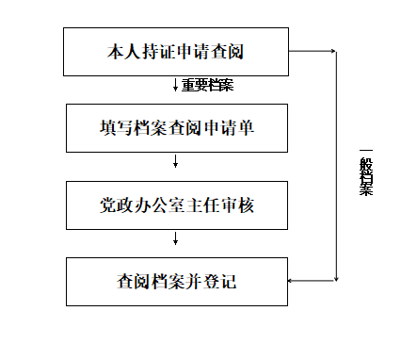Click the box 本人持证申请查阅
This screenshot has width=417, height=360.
[x=176, y=52]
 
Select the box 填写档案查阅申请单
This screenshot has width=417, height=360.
[x=177, y=128]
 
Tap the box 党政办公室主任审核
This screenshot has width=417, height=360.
[x=177, y=205]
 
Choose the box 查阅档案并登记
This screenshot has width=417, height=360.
[x=177, y=282]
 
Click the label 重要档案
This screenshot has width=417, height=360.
[x=208, y=85]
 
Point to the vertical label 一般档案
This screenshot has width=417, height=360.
[x=366, y=172]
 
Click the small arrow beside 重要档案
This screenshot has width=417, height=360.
[x=175, y=85]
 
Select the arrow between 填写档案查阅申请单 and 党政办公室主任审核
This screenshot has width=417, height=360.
[x=175, y=161]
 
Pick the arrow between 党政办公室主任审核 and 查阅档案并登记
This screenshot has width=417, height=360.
[x=175, y=238]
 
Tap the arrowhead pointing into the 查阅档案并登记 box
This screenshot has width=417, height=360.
[x=290, y=281]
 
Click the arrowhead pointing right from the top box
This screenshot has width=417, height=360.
[x=333, y=51]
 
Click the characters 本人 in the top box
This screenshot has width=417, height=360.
[x=124, y=52]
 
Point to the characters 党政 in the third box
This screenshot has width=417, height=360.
[x=116, y=205]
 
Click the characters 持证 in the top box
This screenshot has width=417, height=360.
[x=158, y=52]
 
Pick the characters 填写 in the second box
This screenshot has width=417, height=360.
[x=116, y=128]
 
